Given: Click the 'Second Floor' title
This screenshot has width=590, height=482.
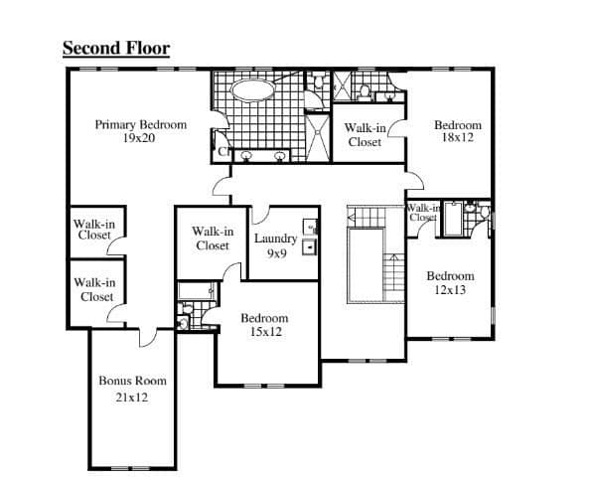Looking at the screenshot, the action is (116, 48).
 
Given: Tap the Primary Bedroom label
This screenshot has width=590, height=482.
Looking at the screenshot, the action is (141, 124).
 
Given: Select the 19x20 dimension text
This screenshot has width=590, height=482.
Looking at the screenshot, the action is (139, 138).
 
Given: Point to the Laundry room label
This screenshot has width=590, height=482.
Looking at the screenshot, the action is (276, 239).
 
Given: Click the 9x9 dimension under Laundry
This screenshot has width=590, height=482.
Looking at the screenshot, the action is (277, 253).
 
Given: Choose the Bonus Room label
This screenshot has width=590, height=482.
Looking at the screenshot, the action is (132, 381).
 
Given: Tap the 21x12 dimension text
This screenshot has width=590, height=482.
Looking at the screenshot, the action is (131, 398).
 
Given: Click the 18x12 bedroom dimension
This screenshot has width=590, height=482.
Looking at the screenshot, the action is (458, 138).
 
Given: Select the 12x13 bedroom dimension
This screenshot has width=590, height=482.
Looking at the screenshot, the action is (450, 290).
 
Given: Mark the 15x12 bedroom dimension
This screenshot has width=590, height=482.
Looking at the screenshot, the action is (266, 332).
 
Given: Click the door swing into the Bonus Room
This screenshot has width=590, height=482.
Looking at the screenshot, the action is (147, 338).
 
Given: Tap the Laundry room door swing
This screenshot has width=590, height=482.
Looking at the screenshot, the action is (260, 216).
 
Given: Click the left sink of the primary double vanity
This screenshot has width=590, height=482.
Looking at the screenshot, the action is (246, 156).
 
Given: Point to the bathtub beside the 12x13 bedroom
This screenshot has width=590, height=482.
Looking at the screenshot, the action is (453, 220).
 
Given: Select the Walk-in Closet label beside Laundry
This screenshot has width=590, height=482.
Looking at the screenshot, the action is (213, 239).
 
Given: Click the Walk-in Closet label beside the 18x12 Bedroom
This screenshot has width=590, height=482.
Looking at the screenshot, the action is (365, 135).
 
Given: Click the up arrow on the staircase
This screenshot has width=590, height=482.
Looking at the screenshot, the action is (394, 258).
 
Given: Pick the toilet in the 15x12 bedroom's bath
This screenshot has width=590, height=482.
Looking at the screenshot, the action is (183, 323).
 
